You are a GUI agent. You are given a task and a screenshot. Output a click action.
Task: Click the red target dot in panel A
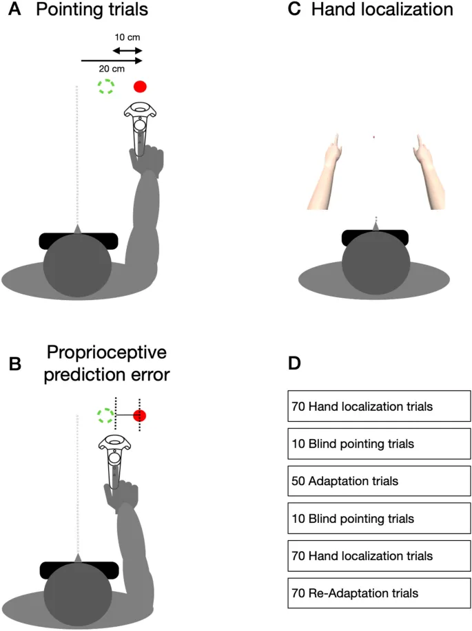pos(140,87)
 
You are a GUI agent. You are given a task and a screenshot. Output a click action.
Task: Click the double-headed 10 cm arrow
pos(127,51)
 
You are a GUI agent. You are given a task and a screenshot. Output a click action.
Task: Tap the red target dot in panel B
pos(140,416)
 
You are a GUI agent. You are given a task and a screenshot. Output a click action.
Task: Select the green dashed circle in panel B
pos(105,416)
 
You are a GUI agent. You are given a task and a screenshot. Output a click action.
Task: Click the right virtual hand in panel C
pos(427,172)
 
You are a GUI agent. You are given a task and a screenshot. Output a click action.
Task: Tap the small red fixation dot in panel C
pos(373,138)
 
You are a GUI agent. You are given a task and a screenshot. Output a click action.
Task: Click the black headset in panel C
pos(376,237)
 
